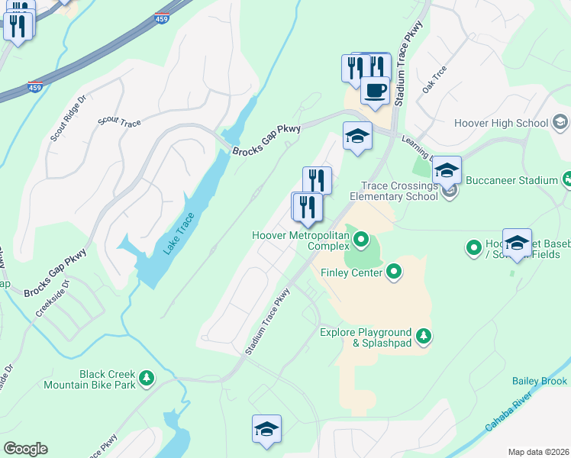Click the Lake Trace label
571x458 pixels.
(179, 233)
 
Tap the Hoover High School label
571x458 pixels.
(501, 123)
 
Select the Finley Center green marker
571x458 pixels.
(394, 271)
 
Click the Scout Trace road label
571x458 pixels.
(119, 122)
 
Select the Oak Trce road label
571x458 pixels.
(434, 79)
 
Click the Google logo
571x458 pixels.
(25, 449)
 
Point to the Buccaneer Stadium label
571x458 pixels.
(525, 180)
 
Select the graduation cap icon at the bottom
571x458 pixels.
(267, 430)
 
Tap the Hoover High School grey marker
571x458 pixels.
(560, 122)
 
